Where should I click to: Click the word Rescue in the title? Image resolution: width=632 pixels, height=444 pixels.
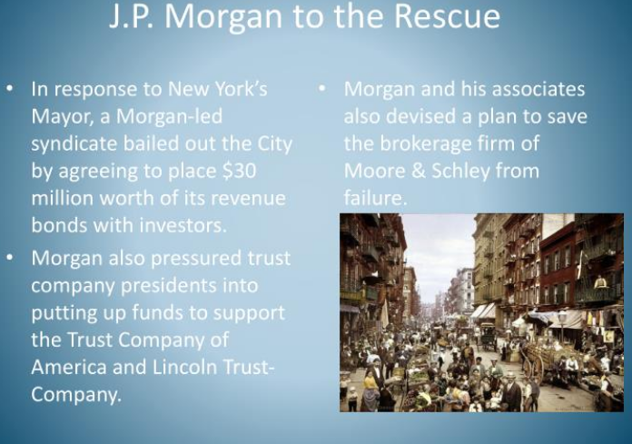click(x=447, y=16)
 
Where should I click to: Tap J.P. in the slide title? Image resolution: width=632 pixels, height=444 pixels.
click(x=132, y=16)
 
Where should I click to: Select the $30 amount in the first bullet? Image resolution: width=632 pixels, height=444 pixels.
click(x=239, y=171)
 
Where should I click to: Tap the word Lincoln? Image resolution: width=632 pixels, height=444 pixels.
click(x=184, y=367)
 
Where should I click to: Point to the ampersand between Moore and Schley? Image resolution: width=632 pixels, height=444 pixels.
click(x=419, y=172)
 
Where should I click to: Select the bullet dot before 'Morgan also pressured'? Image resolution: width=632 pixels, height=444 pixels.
click(x=10, y=257)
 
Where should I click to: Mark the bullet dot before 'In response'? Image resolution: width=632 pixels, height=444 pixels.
click(x=10, y=88)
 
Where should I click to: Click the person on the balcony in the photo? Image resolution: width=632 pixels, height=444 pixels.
click(x=600, y=282)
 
